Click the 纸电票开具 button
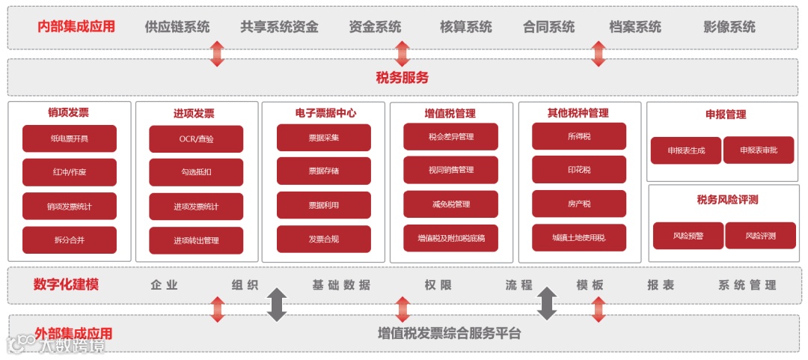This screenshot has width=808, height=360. (x=70, y=138)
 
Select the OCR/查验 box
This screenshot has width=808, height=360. (x=196, y=139)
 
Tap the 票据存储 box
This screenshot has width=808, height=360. (x=323, y=171)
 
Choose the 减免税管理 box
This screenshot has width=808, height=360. (x=450, y=204)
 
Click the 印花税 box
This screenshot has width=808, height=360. (x=579, y=170)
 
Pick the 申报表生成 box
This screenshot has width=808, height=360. (x=685, y=150)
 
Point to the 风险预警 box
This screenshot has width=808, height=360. (x=688, y=236)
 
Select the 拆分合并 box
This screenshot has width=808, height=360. (x=70, y=240)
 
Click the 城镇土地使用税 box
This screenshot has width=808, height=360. (x=579, y=237)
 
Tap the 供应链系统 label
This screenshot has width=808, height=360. (x=177, y=27)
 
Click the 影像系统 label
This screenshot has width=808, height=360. (x=729, y=27)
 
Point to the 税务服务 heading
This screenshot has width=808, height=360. (x=403, y=77)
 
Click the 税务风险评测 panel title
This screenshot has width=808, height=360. (x=727, y=199)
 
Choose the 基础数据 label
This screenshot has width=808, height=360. (x=341, y=285)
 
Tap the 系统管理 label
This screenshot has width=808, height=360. (x=747, y=285)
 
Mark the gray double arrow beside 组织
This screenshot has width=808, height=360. (x=278, y=305)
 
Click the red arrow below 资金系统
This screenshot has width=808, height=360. (x=403, y=53)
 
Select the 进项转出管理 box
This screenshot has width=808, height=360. (x=196, y=240)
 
